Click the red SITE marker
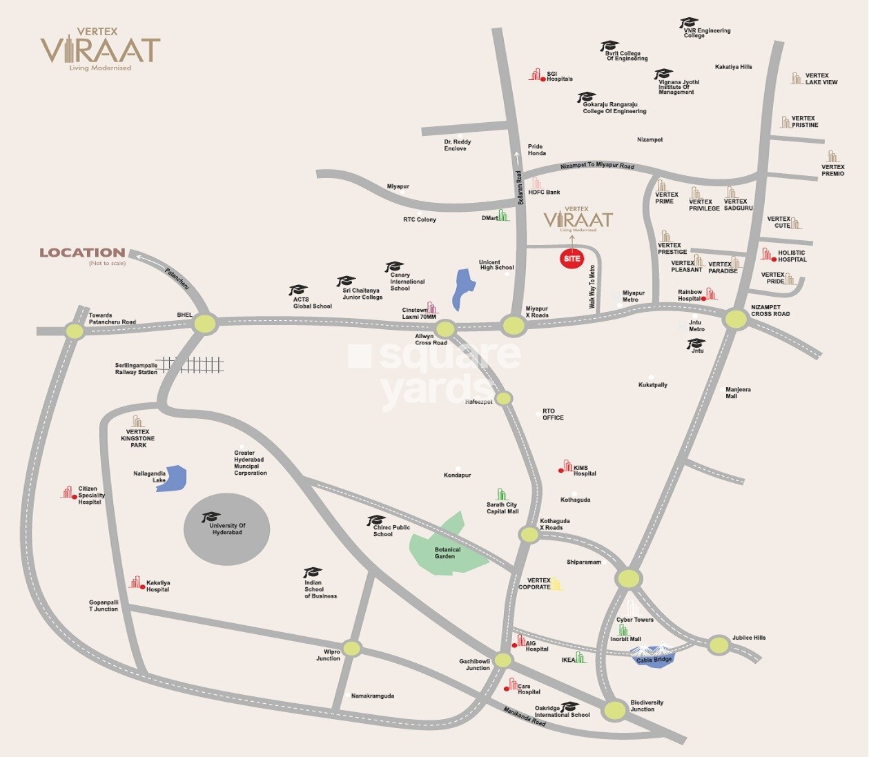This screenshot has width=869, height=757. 572,259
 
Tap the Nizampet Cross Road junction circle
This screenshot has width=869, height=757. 736,319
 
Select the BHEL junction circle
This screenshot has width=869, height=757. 205,323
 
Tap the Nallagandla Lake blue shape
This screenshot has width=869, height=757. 173,478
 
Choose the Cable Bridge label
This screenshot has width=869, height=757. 653,660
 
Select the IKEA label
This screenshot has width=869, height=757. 568,660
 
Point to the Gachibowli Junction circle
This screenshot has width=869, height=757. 503,660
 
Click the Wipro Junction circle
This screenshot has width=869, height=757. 352,648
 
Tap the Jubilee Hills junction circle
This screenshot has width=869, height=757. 719,645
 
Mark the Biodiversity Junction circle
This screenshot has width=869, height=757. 614,709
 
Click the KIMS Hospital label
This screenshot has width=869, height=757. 584,471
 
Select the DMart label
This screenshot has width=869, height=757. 489,218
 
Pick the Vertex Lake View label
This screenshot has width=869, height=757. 821,79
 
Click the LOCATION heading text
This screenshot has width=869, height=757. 82,253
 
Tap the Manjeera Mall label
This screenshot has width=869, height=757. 737,393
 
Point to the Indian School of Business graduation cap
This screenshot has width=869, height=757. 313,573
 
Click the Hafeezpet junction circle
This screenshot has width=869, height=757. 504,398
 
